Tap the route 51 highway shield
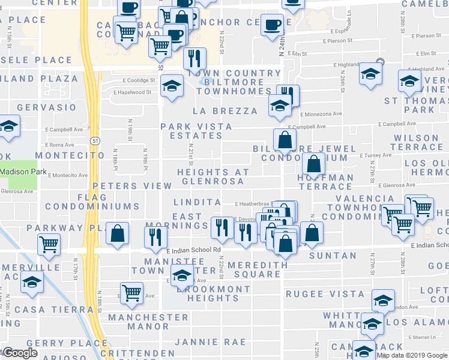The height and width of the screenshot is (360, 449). pos(95,140)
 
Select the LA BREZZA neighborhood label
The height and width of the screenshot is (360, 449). pos(225,111)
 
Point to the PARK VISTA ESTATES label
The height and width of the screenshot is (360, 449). pos(191,131)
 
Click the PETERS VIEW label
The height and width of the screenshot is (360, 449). pos(132,186)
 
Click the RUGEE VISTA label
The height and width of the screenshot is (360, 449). pos(325,294)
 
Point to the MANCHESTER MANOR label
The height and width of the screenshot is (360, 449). pos(148,322)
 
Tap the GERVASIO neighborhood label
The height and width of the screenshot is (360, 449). pos(48,107)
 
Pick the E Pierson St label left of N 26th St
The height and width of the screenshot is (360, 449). pos(337,41)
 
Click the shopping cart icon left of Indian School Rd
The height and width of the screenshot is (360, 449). pos(49,244)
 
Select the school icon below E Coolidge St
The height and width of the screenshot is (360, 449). pos(172,87)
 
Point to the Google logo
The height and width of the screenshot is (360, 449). pos(20,353)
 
